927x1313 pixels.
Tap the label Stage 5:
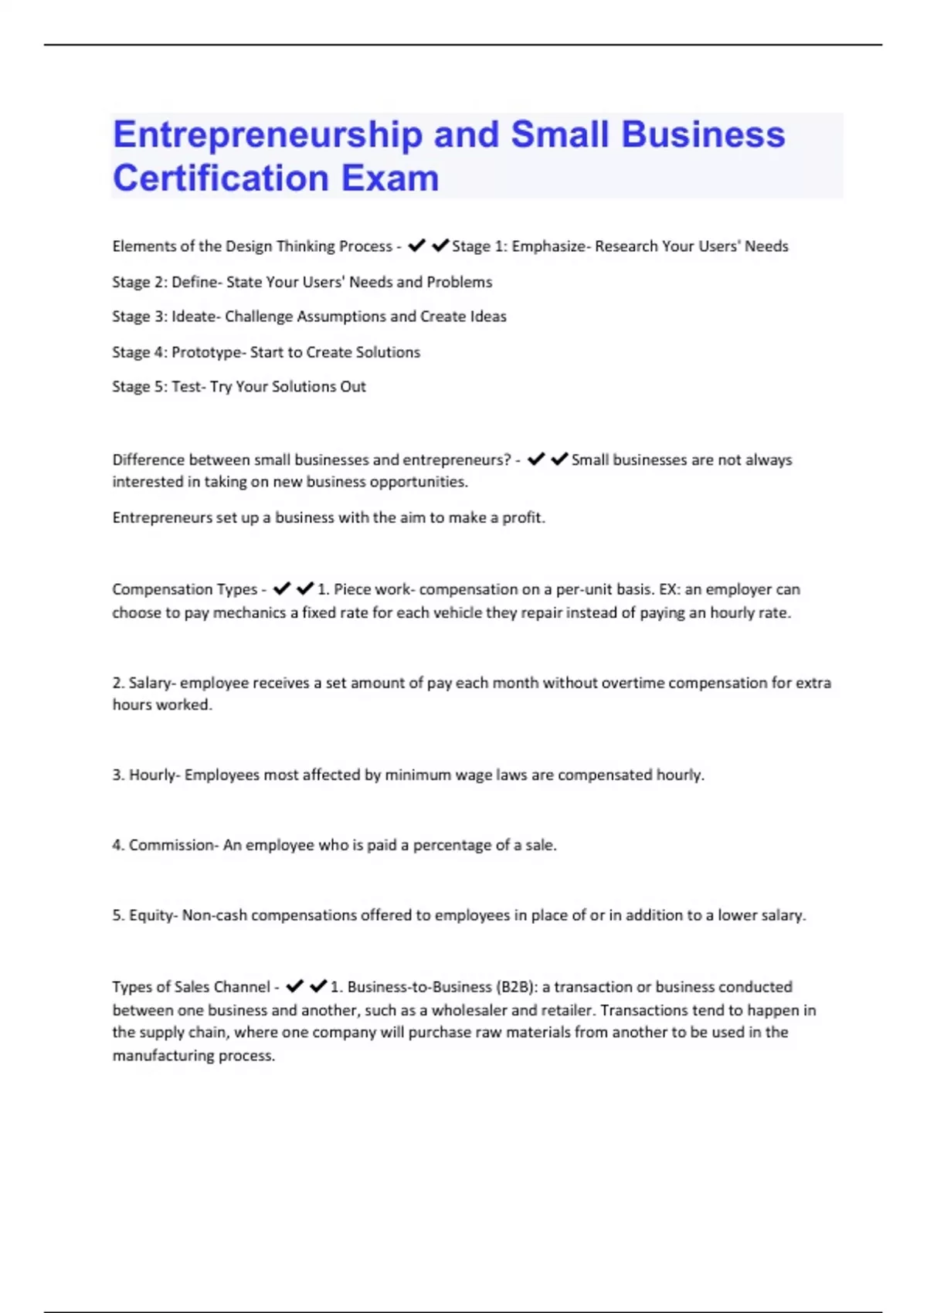pos(140,387)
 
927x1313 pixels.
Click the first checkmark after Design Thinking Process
pos(417,246)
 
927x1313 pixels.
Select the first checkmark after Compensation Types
pos(282,589)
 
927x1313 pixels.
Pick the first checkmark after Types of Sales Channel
pos(294,986)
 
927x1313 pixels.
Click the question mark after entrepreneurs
pos(507,460)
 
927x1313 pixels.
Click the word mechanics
pos(250,613)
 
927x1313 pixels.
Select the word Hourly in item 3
pos(152,775)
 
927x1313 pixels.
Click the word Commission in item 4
pos(171,846)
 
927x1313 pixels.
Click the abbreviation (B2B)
pos(515,987)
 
